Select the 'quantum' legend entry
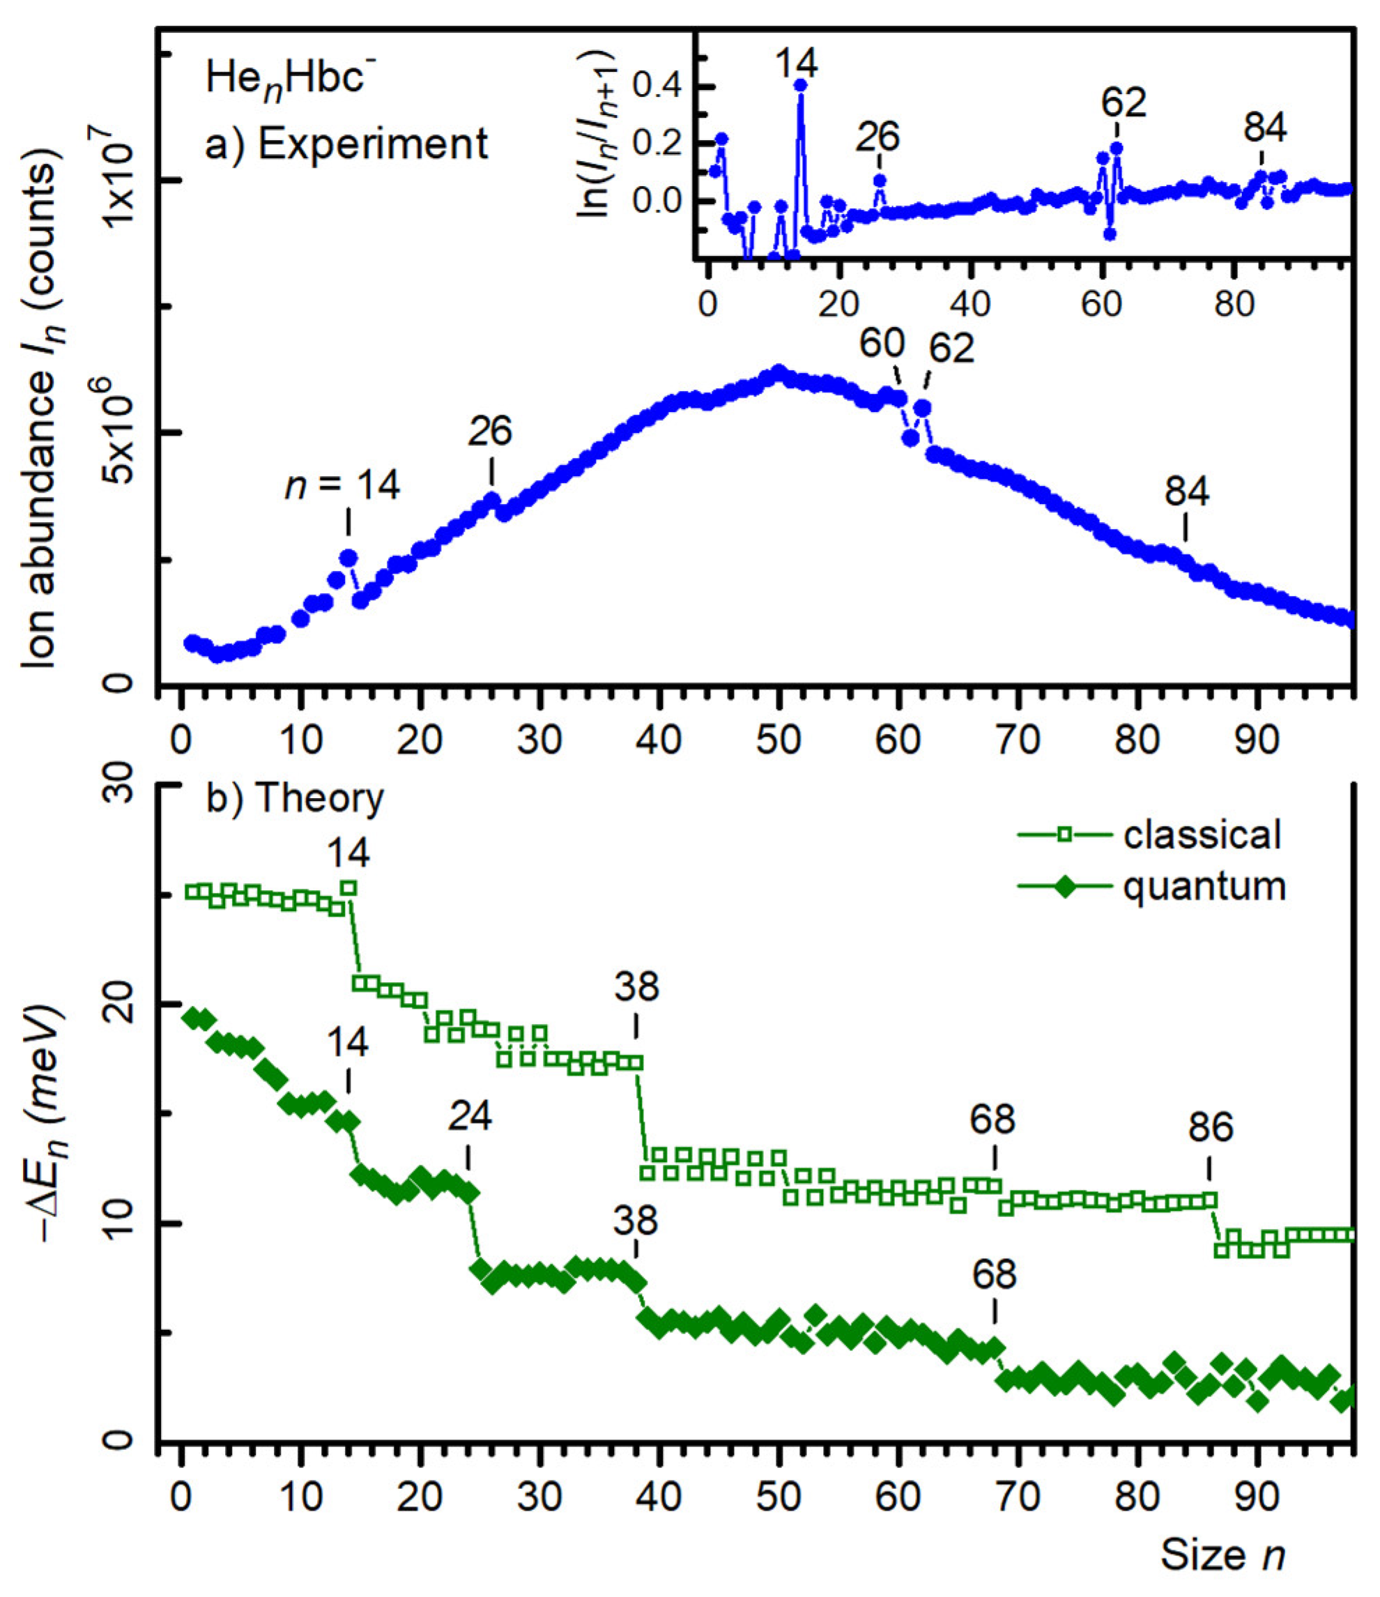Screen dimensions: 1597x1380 (x=1204, y=887)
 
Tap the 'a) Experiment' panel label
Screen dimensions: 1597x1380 (x=346, y=144)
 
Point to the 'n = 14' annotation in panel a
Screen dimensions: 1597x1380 (x=343, y=486)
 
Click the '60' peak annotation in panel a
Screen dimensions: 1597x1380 (x=882, y=344)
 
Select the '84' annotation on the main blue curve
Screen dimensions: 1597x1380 (x=1187, y=491)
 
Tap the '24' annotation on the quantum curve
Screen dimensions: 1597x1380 (x=470, y=1115)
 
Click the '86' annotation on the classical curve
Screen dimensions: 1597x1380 (x=1211, y=1128)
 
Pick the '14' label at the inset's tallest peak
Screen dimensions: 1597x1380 (x=797, y=63)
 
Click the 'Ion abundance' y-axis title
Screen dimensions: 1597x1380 (x=42, y=416)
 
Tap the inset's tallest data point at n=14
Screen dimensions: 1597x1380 (x=801, y=86)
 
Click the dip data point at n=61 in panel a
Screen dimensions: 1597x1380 (x=911, y=438)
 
